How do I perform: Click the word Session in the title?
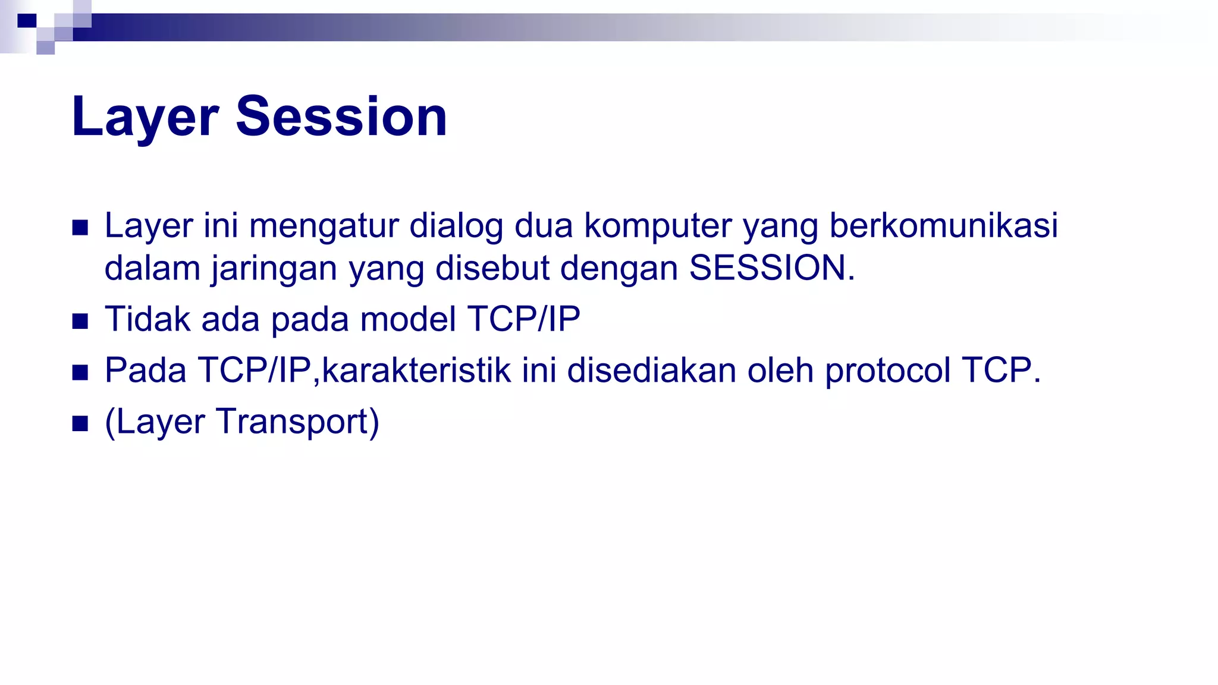pos(341,117)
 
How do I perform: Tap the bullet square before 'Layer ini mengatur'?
pos(80,228)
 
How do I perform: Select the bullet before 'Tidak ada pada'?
pos(80,322)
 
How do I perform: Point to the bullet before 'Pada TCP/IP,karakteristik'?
pos(80,373)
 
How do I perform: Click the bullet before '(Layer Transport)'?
pos(80,424)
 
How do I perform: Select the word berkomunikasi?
pos(944,225)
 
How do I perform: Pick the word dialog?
pos(456,227)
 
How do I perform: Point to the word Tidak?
pos(147,319)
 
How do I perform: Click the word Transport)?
pos(297,422)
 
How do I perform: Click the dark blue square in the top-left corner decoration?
pos(27,21)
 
